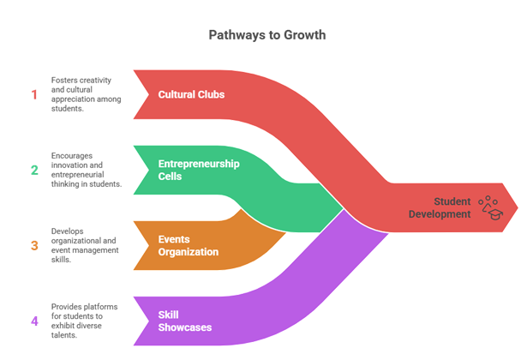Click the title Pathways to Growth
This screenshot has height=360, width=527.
pyautogui.click(x=267, y=35)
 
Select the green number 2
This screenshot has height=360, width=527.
pyautogui.click(x=34, y=170)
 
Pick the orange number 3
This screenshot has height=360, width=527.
pyautogui.click(x=34, y=245)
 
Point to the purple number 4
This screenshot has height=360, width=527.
pyautogui.click(x=34, y=321)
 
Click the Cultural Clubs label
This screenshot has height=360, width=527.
pyautogui.click(x=191, y=94)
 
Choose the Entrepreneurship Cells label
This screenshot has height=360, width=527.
pyautogui.click(x=199, y=170)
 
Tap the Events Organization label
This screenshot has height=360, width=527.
pyautogui.click(x=189, y=245)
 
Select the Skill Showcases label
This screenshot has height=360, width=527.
pyautogui.click(x=184, y=321)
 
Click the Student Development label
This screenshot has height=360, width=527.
pyautogui.click(x=439, y=207)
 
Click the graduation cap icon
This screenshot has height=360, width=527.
pyautogui.click(x=491, y=207)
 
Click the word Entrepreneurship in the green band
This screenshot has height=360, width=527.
pyautogui.click(x=199, y=164)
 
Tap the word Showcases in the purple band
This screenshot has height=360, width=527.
pyautogui.click(x=184, y=327)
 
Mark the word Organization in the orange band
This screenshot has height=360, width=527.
pyautogui.click(x=189, y=252)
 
